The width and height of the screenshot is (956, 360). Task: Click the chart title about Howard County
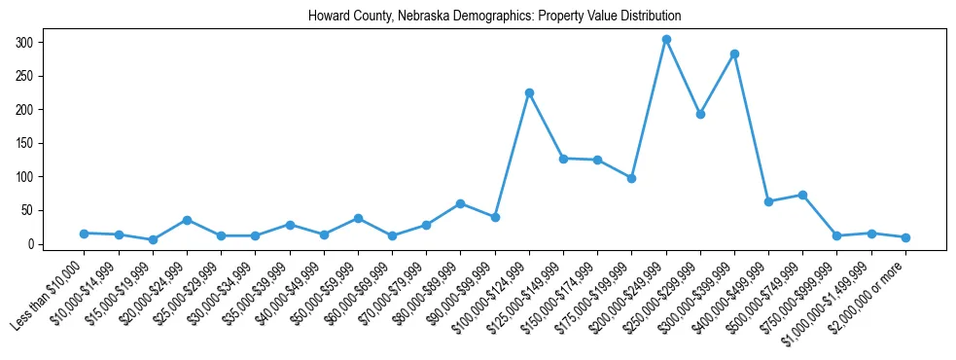[494, 17]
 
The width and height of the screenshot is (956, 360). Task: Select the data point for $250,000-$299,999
[700, 114]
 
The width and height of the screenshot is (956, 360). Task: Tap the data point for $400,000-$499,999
[768, 201]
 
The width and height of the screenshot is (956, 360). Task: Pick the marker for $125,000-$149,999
[563, 158]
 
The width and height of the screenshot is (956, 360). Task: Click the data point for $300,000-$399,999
[734, 54]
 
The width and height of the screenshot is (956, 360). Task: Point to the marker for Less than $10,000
[85, 234]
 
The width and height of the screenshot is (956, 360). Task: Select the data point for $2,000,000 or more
[905, 237]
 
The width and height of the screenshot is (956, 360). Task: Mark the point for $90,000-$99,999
[495, 217]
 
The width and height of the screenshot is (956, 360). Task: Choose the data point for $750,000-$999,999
[836, 235]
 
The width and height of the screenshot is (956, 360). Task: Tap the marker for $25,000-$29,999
[221, 235]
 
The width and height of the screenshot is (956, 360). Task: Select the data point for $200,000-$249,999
[666, 40]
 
